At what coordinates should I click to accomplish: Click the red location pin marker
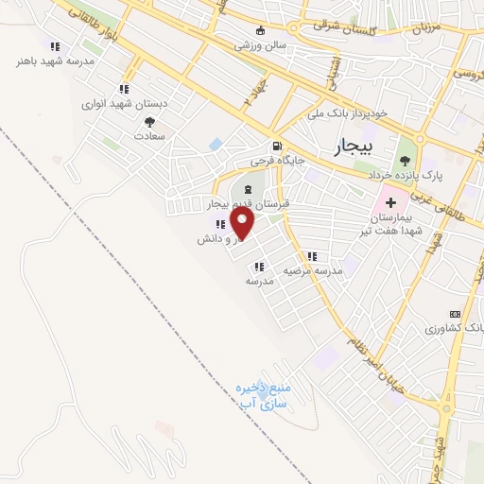tap(243, 224)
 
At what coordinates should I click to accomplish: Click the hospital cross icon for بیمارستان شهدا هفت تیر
tap(389, 204)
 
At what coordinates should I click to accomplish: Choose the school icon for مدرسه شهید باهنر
tap(55, 46)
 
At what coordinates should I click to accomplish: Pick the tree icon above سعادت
tap(149, 121)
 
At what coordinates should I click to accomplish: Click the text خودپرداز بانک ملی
tap(347, 113)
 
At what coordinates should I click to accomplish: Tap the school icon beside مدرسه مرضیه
tap(311, 256)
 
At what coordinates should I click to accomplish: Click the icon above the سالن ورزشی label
tap(261, 30)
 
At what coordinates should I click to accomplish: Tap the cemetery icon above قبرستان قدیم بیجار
tap(235, 191)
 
